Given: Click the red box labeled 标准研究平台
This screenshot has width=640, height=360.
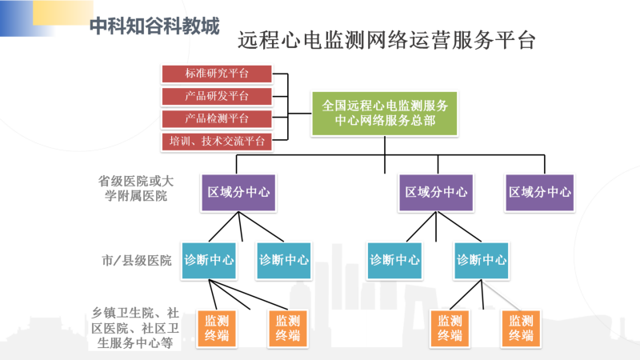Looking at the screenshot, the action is tap(217, 74).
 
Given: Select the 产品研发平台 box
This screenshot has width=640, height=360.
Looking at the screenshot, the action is tap(217, 96).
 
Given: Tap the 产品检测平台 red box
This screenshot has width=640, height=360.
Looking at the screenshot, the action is tap(217, 118).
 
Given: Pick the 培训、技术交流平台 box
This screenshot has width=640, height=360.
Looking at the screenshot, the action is tap(217, 142).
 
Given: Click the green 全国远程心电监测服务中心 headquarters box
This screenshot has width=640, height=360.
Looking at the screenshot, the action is tap(385, 114).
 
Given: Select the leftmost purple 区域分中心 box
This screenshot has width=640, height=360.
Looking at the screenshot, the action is tap(238, 193).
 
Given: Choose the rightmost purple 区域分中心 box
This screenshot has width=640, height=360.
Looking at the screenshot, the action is tap(539, 193).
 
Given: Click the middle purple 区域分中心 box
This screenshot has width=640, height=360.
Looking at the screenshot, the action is tap(436, 193).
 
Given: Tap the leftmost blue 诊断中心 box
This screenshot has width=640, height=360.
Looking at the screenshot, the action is tap(209, 261).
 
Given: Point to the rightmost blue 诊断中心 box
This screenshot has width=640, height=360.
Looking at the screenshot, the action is tap(482, 261).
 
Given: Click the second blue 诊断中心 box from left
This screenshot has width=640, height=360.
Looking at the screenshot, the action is tap(284, 261).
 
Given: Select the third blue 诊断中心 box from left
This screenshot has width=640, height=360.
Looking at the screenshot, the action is tap(394, 261).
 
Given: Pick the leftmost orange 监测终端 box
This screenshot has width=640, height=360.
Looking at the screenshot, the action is tap(217, 329).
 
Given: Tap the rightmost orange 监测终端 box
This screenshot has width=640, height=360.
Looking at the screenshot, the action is tap(522, 329).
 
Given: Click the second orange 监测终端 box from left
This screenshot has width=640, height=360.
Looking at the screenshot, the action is tap(288, 329).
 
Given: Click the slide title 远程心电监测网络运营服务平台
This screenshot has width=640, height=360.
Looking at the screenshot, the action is tap(386, 41).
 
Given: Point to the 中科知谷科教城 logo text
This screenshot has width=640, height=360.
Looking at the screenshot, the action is tap(154, 26).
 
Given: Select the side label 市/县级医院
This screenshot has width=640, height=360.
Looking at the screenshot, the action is tap(136, 261).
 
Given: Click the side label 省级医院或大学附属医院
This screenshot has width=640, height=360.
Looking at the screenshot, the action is tap(136, 188).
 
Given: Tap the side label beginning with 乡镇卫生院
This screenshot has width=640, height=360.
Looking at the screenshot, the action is tap(135, 328).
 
